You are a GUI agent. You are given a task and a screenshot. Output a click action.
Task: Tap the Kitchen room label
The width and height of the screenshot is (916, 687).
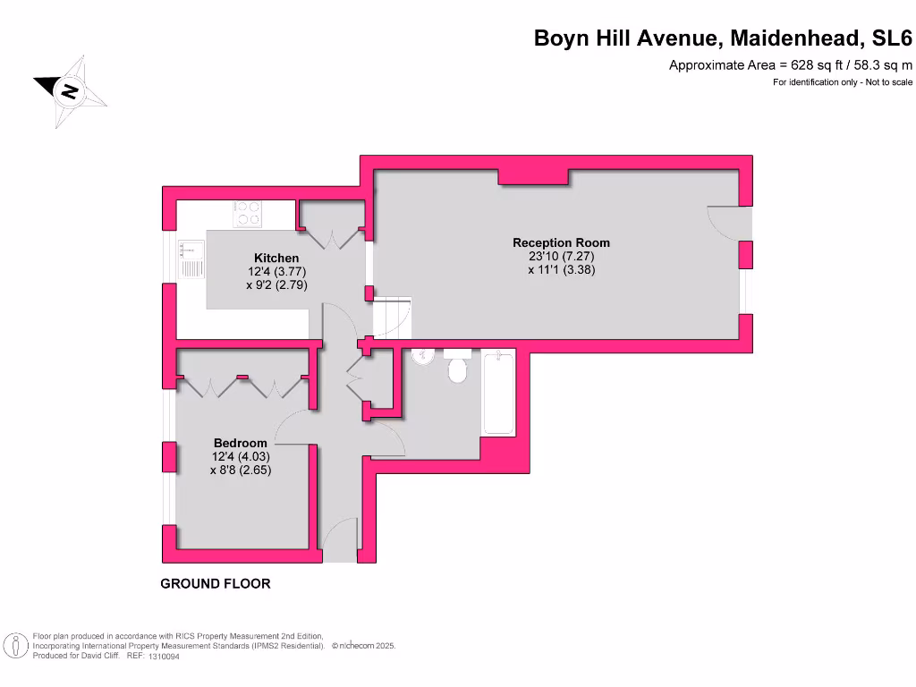pyautogui.click(x=276, y=259)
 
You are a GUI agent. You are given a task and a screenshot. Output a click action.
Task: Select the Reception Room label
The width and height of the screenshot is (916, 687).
pyautogui.click(x=561, y=242)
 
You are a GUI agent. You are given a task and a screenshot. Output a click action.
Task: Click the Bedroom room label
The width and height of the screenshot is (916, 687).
pyautogui.click(x=240, y=443)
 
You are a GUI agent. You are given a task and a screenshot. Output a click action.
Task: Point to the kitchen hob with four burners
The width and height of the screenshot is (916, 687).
pyautogui.click(x=248, y=212)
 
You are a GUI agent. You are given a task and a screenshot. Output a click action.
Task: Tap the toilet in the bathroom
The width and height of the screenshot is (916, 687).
pyautogui.click(x=458, y=367)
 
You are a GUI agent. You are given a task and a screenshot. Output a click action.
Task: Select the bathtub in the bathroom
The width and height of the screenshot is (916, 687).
pyautogui.click(x=499, y=394)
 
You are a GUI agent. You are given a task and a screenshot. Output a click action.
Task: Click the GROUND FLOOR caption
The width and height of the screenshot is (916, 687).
pyautogui.click(x=215, y=583)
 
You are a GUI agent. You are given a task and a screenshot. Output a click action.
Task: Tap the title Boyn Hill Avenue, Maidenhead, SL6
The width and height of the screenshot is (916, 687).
pyautogui.click(x=723, y=38)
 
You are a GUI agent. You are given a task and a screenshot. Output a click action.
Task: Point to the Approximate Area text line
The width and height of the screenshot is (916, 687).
pyautogui.click(x=791, y=64)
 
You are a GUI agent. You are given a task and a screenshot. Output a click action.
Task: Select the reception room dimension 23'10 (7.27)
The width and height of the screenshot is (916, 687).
pyautogui.click(x=561, y=256)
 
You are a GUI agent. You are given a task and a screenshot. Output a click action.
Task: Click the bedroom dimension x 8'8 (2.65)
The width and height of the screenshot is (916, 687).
pyautogui.click(x=240, y=470)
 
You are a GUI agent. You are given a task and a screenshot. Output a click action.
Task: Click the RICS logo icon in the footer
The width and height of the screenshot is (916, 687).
pyautogui.click(x=14, y=645)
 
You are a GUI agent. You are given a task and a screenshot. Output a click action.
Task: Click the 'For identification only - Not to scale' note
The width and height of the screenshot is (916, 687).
pyautogui.click(x=843, y=82)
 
